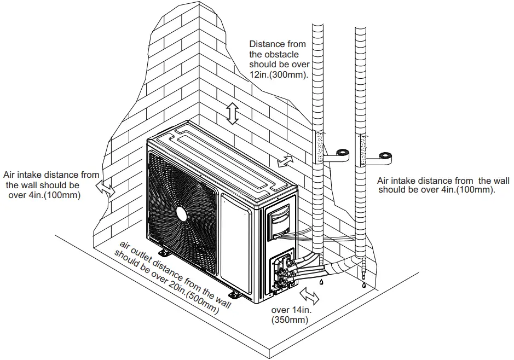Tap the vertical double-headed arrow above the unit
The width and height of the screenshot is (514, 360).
point(233,114)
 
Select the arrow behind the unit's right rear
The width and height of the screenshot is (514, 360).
point(285,160)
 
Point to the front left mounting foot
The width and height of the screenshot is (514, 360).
point(163,253)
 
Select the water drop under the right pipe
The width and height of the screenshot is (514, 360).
point(362,283)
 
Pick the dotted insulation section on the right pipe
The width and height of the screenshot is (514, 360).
point(361,148)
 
